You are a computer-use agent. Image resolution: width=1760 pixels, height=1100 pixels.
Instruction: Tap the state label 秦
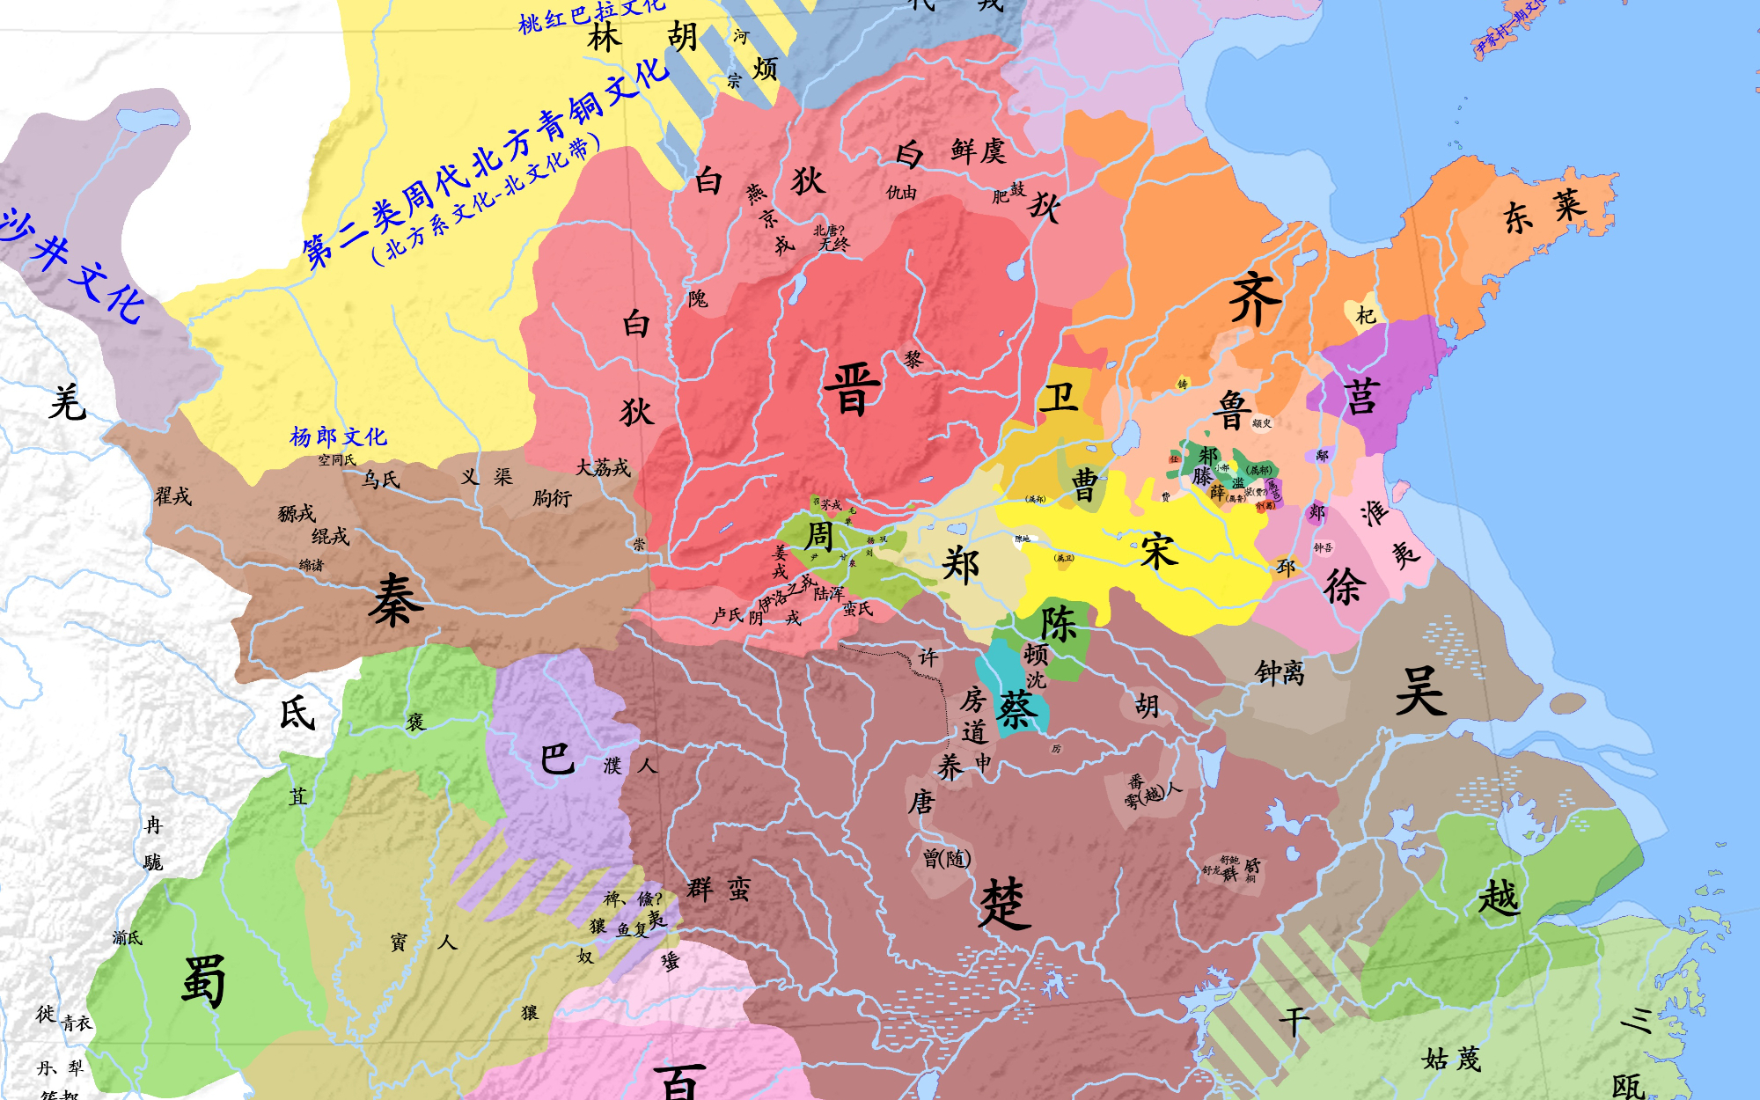coord(396,601)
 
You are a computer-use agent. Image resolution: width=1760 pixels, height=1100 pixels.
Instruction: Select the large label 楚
coord(1004,903)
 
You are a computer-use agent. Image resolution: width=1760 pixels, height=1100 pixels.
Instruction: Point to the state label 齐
coord(1255,299)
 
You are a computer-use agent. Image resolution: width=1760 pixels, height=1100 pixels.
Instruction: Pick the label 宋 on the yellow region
coord(1159,552)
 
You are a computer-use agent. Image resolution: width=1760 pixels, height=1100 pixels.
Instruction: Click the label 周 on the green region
coord(819,534)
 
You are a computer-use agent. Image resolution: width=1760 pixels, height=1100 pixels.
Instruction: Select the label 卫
coord(1059,398)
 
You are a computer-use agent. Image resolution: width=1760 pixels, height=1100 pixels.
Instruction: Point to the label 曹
coord(1085,486)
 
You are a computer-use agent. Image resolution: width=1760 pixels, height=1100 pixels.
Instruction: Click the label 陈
coord(1059,624)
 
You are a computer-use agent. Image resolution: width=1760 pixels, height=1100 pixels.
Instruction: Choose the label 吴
coord(1420,691)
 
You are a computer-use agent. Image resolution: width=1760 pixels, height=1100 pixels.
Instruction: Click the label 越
coord(1499,898)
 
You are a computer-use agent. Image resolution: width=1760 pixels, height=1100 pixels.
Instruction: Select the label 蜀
coord(203,979)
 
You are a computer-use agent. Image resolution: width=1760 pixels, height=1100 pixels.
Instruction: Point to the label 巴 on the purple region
coord(557,759)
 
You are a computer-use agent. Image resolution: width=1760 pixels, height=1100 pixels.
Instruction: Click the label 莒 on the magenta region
coord(1361,398)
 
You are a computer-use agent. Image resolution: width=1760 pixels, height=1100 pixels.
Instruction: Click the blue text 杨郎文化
coord(338,436)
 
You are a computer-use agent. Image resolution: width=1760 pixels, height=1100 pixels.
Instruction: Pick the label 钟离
coord(1280,673)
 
